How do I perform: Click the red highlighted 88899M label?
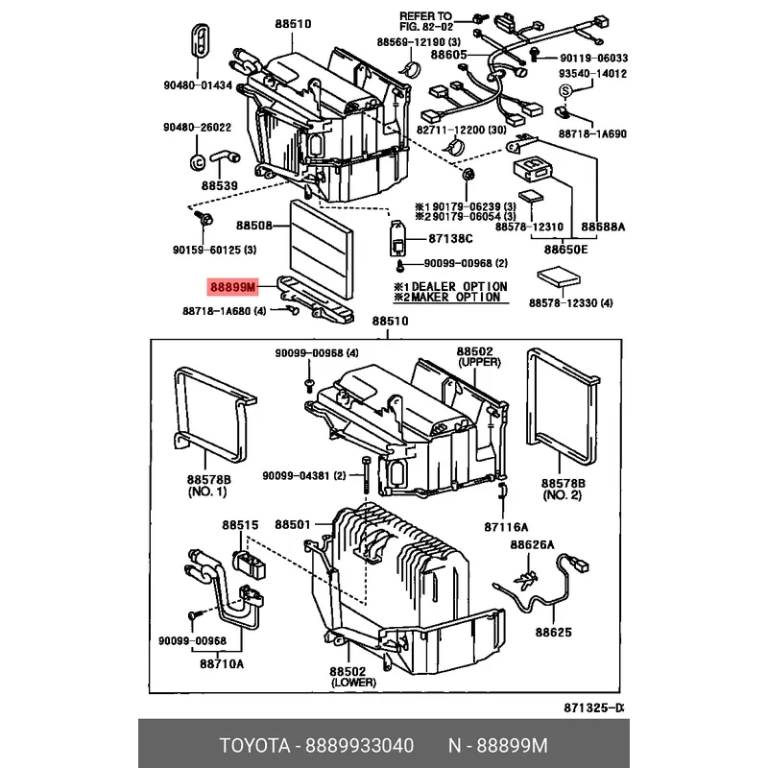233,287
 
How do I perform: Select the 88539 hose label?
220,185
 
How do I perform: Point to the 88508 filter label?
255,227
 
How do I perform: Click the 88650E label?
567,249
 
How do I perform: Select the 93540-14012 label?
593,73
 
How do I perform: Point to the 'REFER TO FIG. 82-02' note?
425,22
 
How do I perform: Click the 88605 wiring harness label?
448,56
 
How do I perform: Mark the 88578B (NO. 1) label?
207,485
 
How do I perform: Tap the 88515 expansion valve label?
241,525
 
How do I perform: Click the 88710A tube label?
222,663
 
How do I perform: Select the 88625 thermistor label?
553,633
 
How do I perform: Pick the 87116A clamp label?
506,526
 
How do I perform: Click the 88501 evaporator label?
293,525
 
